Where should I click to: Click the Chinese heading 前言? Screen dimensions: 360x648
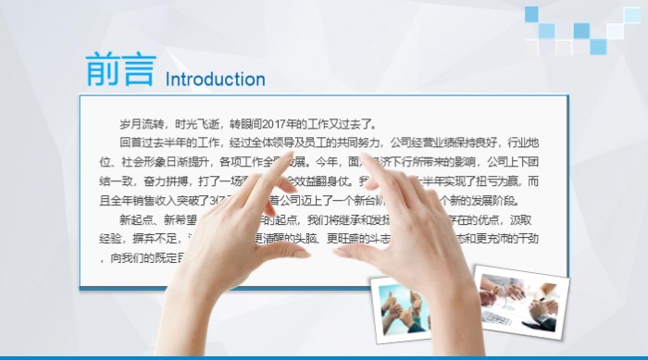point(119,70)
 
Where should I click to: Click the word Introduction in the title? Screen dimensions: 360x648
point(215,79)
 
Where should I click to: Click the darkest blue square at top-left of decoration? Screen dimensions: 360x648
point(531,14)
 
